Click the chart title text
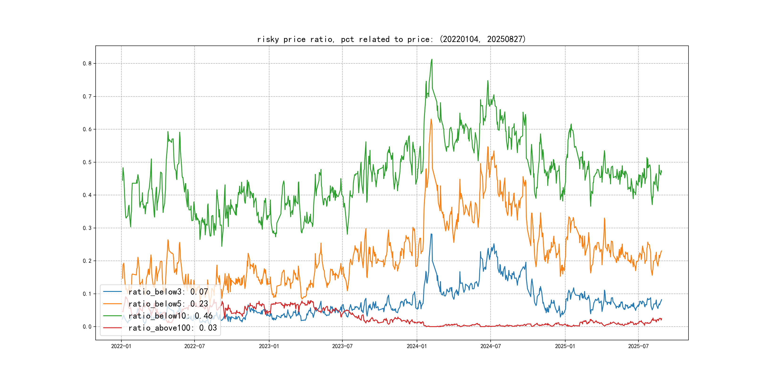tap(391, 39)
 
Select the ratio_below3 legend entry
tap(168, 292)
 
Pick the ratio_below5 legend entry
tap(168, 304)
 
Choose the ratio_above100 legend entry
tap(172, 328)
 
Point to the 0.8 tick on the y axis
tap(87, 63)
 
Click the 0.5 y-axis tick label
tap(87, 162)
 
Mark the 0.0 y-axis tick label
tap(87, 327)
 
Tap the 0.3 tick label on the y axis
tap(87, 228)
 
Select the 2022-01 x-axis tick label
tap(121, 346)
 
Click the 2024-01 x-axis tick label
tap(417, 346)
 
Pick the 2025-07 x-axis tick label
tap(638, 346)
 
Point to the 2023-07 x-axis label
tap(342, 346)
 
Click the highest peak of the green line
tap(432, 59)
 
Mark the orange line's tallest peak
tap(431, 119)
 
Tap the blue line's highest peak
tap(431, 234)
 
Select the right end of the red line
tap(662, 319)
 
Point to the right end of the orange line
tap(662, 251)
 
